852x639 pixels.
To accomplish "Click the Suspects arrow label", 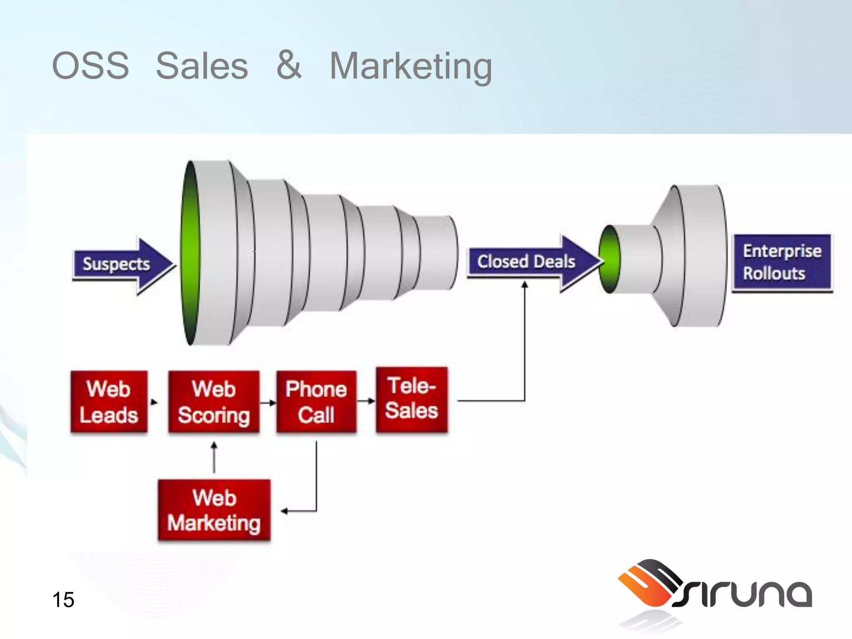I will pyautogui.click(x=116, y=264).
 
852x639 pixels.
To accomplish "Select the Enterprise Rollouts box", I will pyautogui.click(x=782, y=263).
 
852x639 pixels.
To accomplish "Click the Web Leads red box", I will pyautogui.click(x=109, y=402).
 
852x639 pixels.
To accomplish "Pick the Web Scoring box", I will pyautogui.click(x=214, y=402).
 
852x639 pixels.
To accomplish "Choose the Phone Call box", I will pyautogui.click(x=316, y=402).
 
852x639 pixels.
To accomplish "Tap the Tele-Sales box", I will pyautogui.click(x=412, y=399).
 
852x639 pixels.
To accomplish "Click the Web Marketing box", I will pyautogui.click(x=214, y=510).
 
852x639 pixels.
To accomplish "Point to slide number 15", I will pyautogui.click(x=63, y=600).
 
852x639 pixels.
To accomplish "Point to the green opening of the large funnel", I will pyautogui.click(x=191, y=253).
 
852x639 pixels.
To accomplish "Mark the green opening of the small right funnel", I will pyautogui.click(x=610, y=259).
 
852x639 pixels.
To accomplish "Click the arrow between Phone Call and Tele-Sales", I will pyautogui.click(x=367, y=401).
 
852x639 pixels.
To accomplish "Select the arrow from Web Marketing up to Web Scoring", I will pyautogui.click(x=214, y=458).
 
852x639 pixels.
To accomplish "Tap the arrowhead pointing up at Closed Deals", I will pyautogui.click(x=525, y=285).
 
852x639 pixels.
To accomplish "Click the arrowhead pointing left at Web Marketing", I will pyautogui.click(x=285, y=511).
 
